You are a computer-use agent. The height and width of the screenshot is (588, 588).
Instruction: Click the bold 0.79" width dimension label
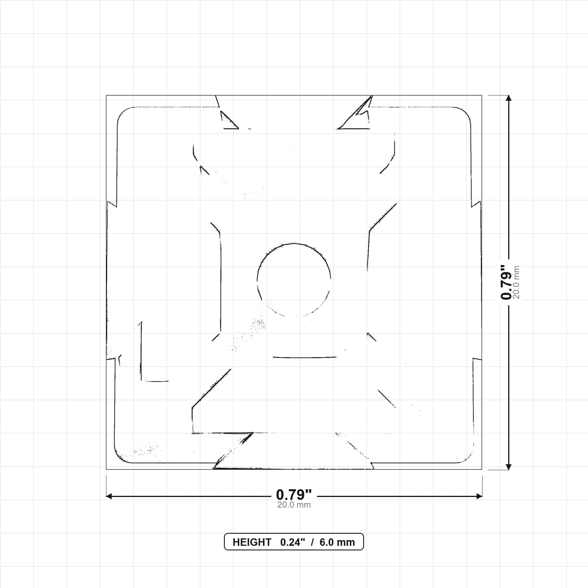tap(294, 495)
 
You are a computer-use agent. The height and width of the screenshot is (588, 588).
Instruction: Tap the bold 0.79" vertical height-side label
tap(506, 282)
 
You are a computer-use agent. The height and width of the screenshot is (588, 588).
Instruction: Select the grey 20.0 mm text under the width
tap(294, 505)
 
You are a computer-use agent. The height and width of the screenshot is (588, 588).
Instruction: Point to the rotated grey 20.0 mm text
tap(516, 282)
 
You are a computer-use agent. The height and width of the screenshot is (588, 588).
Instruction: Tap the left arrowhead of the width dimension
tap(109, 496)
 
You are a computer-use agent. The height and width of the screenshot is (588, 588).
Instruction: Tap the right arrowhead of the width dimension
tap(479, 496)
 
